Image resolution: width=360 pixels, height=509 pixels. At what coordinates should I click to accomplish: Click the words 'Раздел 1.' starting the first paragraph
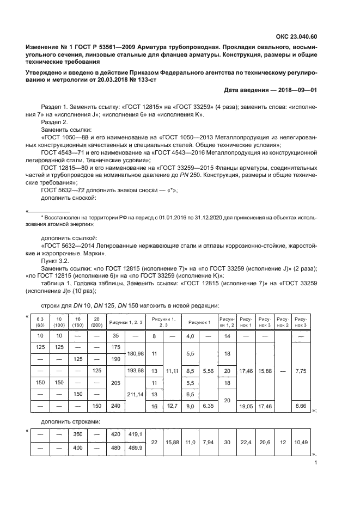(x=53, y=107)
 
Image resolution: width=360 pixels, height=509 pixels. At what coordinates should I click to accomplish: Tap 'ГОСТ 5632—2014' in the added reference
(x=68, y=247)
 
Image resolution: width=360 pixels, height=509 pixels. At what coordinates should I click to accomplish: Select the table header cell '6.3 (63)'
(x=40, y=321)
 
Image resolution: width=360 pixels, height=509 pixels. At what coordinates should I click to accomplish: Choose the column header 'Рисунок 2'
(x=282, y=321)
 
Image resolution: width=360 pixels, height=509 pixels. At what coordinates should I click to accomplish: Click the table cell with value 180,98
(x=135, y=353)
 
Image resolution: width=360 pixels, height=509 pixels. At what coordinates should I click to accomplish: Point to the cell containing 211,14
(x=135, y=396)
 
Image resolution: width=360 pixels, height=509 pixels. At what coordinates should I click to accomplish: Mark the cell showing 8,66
(x=300, y=406)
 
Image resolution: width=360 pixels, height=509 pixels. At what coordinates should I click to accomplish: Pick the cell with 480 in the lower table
(x=115, y=449)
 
